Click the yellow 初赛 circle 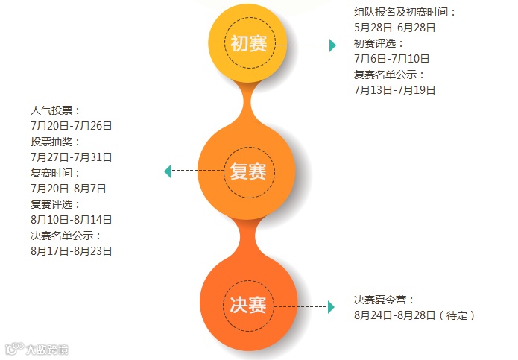(249, 43)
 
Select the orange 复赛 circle (248, 172)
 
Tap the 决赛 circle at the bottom (248, 304)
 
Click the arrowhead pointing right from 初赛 (332, 45)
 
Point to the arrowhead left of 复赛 (168, 172)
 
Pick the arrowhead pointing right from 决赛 (331, 306)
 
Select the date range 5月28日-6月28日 (394, 28)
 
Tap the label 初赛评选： (379, 43)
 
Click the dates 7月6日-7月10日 (391, 59)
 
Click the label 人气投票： (55, 110)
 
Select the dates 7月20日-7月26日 (71, 126)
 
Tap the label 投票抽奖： (55, 142)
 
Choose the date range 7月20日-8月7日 (68, 189)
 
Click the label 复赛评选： (55, 204)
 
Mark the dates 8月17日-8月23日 (71, 251)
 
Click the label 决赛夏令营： (384, 300)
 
